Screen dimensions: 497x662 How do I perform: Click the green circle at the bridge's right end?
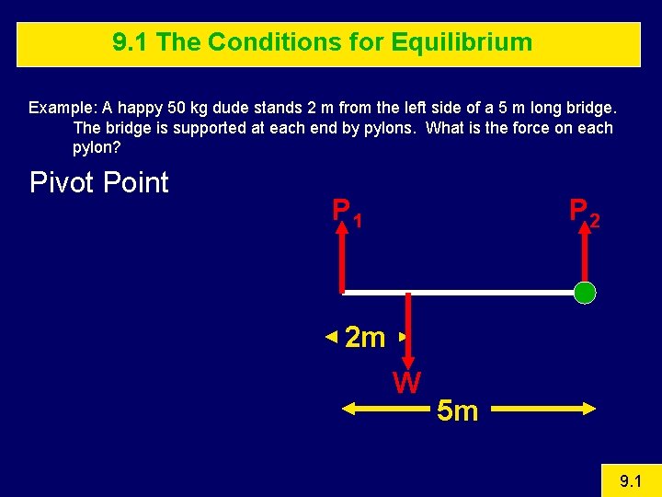(585, 294)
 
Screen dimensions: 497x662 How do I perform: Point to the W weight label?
(406, 382)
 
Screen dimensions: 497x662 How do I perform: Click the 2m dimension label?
(365, 339)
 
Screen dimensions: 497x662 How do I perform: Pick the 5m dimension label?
(457, 411)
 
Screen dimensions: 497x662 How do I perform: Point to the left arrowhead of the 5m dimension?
(348, 410)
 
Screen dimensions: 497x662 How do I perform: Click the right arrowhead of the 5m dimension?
(589, 410)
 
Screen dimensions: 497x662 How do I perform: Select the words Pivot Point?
(99, 182)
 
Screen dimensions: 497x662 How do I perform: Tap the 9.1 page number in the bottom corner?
(630, 480)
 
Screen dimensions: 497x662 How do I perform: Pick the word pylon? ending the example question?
(97, 147)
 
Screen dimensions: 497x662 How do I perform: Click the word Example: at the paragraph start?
(59, 108)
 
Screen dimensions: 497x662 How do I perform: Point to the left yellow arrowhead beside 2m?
(332, 338)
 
